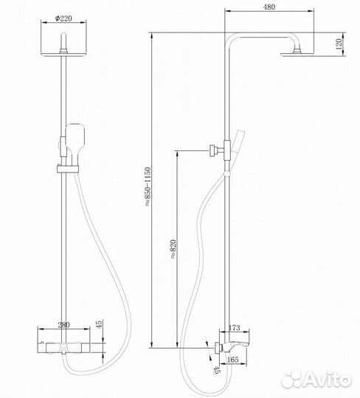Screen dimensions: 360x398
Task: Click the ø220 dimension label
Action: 63,18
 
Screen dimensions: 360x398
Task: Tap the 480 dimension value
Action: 269,7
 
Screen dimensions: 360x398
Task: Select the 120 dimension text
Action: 339,44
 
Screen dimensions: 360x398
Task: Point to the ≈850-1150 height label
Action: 148,186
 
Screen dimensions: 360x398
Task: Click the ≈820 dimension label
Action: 173,249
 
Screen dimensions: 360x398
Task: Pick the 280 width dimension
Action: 63,324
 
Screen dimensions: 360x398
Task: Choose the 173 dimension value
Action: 234,328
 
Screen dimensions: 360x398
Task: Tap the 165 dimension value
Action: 232,360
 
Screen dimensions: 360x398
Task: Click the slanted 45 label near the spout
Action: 216,369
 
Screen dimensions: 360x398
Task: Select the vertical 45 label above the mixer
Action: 100,324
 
